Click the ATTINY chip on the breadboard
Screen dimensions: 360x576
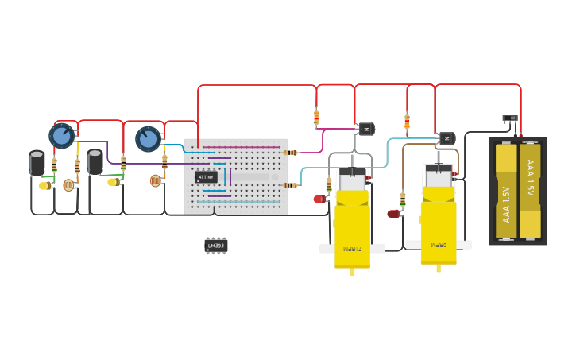(x=206, y=177)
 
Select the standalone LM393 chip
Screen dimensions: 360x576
(x=215, y=246)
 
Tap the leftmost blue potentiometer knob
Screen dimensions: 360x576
(x=61, y=136)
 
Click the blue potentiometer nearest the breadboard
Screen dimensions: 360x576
(x=148, y=139)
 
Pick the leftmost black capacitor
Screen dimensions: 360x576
(x=37, y=162)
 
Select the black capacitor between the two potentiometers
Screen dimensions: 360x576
(x=95, y=161)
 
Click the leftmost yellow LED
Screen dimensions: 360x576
(x=44, y=186)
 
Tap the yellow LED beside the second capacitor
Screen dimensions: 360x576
(x=112, y=182)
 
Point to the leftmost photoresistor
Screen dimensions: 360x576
(x=68, y=185)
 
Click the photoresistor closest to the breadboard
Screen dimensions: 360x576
(x=155, y=180)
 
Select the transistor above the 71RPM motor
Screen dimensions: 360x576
(x=365, y=129)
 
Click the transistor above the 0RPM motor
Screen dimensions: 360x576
(x=446, y=138)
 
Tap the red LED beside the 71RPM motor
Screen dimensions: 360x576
(x=319, y=199)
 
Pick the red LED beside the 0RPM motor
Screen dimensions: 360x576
(x=392, y=213)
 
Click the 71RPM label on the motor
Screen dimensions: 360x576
(x=352, y=249)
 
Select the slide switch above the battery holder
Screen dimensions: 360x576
(x=509, y=118)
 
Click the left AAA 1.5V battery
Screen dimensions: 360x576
(x=506, y=191)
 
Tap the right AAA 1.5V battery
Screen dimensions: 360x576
(x=530, y=191)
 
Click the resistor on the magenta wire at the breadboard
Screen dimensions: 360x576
(x=291, y=153)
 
